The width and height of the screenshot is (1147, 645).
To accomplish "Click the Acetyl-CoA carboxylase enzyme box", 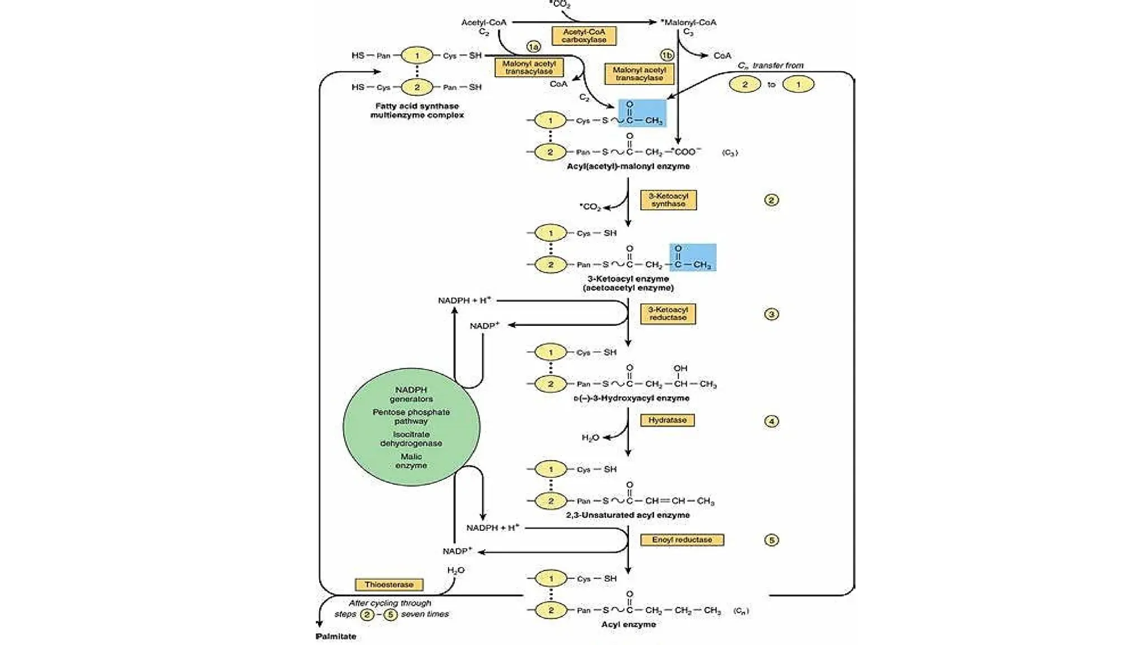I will (584, 36).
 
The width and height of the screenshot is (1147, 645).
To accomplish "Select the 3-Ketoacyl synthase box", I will (668, 200).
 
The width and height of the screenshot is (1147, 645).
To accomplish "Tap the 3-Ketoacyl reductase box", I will (668, 314).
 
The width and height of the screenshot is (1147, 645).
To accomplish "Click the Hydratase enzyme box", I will (667, 420).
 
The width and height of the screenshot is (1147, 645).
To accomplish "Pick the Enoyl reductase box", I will (682, 540).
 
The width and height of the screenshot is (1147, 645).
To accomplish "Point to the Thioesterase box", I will (389, 585).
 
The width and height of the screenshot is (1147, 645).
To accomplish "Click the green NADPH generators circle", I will (411, 427).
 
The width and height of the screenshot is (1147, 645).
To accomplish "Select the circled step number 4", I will (771, 421).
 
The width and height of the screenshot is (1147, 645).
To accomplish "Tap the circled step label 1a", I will (533, 46).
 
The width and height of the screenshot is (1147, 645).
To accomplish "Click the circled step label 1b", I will (666, 55).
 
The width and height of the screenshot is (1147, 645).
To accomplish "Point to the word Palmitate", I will (335, 637).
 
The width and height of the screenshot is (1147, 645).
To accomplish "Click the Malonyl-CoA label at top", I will (689, 22).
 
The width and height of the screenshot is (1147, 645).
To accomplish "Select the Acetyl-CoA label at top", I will (483, 22).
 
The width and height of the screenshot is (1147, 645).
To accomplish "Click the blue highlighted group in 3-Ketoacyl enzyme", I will (693, 258).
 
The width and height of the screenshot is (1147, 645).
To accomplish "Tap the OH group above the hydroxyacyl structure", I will (680, 368).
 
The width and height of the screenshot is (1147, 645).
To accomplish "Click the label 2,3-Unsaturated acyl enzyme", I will (628, 515).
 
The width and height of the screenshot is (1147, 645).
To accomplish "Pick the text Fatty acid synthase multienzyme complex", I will (417, 110).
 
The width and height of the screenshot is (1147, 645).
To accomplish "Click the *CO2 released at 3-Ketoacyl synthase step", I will (590, 207).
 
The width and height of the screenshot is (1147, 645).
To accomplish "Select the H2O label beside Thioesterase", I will (455, 571).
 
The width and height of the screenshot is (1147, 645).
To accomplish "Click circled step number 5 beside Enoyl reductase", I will (771, 540).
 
